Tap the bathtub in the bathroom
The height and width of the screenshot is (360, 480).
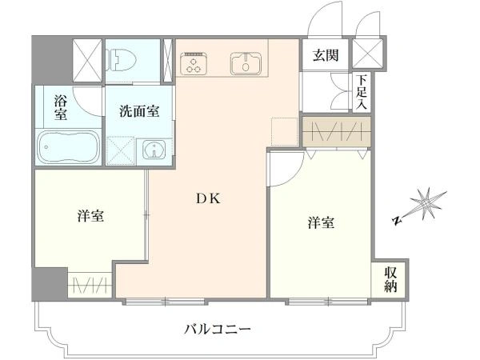(x=69, y=147)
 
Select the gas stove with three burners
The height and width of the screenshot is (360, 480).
(x=194, y=64)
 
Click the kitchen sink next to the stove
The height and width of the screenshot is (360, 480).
(x=246, y=63)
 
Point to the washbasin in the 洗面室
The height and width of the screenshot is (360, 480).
(x=154, y=150)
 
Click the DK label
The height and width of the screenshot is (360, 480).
(x=208, y=199)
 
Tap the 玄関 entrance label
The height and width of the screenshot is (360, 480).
(x=326, y=55)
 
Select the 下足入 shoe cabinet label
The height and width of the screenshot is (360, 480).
(x=362, y=92)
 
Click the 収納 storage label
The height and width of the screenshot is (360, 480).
(x=390, y=279)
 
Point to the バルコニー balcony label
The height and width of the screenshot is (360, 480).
(x=218, y=330)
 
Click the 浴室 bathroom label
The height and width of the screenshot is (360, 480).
(x=61, y=107)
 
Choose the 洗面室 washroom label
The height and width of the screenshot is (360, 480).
(x=139, y=111)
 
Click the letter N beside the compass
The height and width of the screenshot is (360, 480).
(x=397, y=221)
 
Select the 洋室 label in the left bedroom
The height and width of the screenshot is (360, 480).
(x=90, y=216)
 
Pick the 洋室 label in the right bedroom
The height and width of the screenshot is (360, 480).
(x=321, y=222)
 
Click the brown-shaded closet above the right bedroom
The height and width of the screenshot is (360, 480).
(x=337, y=132)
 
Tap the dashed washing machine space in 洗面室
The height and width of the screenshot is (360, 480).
(x=121, y=150)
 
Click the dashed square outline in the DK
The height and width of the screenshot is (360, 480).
(x=285, y=132)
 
